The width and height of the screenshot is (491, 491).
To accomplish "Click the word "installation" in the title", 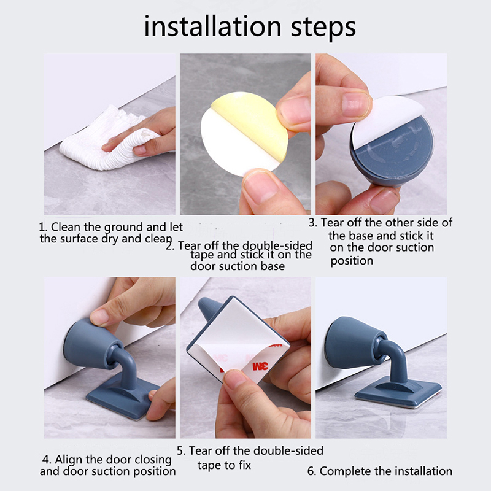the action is [x=212, y=26].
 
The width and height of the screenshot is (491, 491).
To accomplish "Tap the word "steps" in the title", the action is [x=323, y=28].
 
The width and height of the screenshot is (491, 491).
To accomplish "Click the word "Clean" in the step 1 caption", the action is [x=66, y=226].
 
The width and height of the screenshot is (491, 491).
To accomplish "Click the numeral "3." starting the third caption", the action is [x=313, y=223].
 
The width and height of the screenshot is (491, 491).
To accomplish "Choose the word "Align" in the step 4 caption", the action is [x=69, y=460].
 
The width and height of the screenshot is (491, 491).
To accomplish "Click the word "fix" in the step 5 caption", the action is [x=244, y=465].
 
